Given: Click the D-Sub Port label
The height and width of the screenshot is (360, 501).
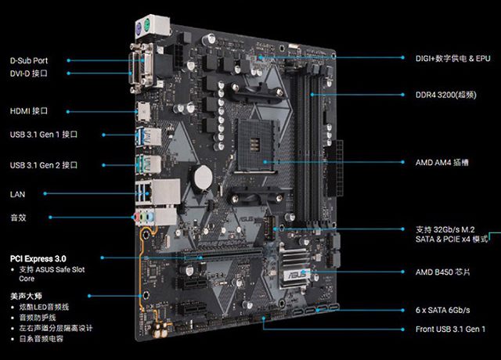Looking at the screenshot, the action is click(29, 60).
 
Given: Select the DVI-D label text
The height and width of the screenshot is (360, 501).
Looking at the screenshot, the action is click(29, 74).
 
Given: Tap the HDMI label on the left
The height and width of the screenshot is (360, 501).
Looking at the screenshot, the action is click(29, 111).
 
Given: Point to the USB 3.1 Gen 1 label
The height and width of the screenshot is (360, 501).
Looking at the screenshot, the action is click(44, 135).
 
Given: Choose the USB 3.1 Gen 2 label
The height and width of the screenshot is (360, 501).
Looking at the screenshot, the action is click(44, 165).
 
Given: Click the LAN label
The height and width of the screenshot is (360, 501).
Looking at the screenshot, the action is click(17, 194).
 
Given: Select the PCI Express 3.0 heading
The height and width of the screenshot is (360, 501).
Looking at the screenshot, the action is click(38, 259).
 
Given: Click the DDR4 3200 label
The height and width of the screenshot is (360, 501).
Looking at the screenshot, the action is click(446, 95).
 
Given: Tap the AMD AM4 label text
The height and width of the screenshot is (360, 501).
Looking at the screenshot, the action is click(442, 162).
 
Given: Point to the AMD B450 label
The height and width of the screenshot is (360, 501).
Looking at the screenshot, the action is click(443, 272).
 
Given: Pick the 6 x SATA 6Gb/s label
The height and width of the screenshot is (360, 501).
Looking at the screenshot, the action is click(443, 310).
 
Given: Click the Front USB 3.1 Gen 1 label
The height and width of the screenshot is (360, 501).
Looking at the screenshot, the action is click(451, 329).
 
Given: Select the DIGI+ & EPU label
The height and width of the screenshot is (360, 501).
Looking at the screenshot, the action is click(453, 59).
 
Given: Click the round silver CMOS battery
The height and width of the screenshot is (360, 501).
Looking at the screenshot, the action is click(204, 178).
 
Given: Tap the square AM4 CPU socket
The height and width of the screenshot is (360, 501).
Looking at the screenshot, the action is click(254, 146).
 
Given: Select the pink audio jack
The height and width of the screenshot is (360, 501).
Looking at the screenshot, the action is click(138, 218).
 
